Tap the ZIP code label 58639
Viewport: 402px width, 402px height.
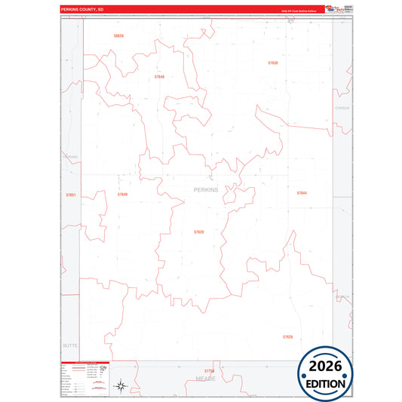[118, 35]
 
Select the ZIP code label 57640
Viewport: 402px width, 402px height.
[158, 77]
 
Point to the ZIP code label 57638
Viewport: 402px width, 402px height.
[273, 63]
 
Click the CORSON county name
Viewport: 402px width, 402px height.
[342, 108]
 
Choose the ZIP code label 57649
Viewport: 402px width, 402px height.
[122, 195]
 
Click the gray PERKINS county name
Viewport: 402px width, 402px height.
[206, 189]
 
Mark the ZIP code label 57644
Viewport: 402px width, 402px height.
[302, 193]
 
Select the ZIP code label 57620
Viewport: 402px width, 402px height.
[198, 232]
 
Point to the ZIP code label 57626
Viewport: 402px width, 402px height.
[287, 336]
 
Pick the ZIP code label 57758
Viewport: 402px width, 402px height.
[209, 370]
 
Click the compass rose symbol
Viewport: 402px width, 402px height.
[121, 387]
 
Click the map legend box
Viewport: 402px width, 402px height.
[84, 379]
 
